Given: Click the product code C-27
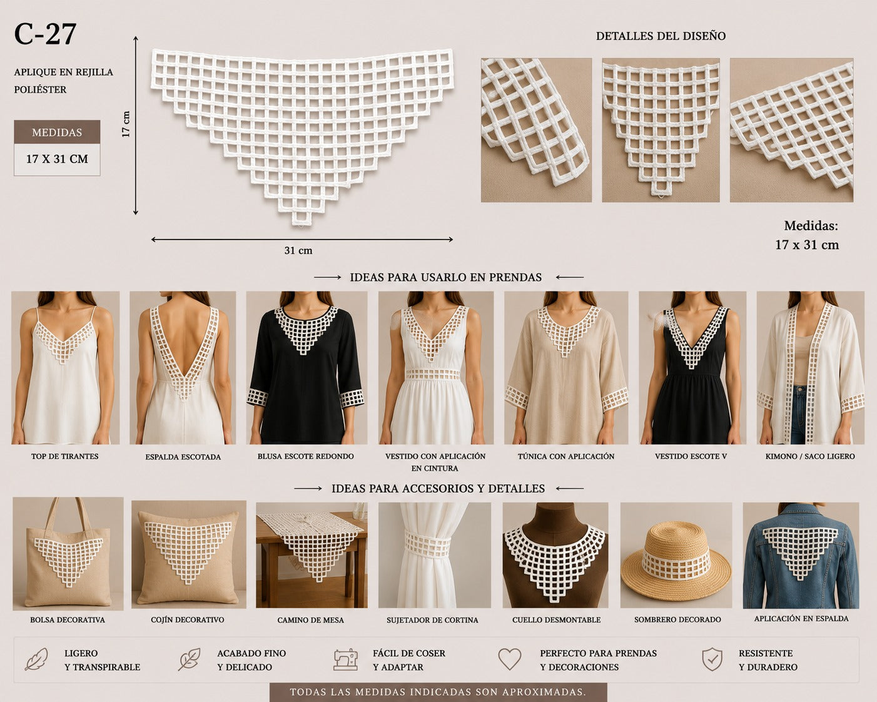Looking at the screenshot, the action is [x=45, y=34].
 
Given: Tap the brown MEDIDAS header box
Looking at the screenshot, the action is [x=57, y=131].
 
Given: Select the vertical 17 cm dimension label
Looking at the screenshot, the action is [x=126, y=124].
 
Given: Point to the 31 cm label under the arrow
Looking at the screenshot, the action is [x=298, y=250].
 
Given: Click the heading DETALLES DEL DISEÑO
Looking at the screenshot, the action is [x=661, y=36].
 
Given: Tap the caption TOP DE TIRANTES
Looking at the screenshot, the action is [x=65, y=456].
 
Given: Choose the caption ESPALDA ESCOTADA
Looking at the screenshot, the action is [x=183, y=457].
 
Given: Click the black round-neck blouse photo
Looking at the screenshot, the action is [x=306, y=367].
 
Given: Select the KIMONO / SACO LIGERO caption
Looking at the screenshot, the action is [x=810, y=456].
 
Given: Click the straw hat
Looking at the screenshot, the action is [x=676, y=561].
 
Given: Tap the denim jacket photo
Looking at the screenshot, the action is [x=801, y=555].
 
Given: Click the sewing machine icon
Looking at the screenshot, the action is [x=345, y=659].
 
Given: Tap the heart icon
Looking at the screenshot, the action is [x=509, y=659].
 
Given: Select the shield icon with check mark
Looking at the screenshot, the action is [x=712, y=659].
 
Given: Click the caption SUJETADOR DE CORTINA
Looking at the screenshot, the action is [x=432, y=620].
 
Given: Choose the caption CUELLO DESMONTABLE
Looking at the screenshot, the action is [x=556, y=620].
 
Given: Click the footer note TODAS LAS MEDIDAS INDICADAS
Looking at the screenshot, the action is [x=438, y=692].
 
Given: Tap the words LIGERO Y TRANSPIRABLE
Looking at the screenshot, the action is [x=102, y=660].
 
